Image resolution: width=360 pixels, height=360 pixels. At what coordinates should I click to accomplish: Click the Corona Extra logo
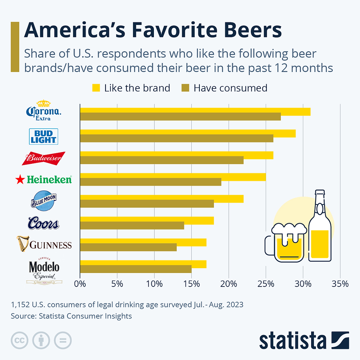click(44, 110)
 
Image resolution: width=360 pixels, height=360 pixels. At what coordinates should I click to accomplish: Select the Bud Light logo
click(43, 136)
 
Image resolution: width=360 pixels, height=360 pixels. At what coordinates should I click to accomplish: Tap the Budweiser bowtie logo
click(43, 158)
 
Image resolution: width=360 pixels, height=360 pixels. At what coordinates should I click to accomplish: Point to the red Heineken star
click(19, 180)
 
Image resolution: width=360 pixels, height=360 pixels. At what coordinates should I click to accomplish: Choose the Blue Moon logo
click(44, 201)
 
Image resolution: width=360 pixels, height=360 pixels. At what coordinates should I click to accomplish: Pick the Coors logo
click(43, 223)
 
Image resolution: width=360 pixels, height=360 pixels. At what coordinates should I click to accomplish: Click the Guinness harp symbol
click(23, 244)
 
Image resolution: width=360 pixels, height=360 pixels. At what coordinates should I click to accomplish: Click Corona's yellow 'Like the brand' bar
click(195, 112)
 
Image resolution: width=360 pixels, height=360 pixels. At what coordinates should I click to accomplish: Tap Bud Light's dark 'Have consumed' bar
click(177, 138)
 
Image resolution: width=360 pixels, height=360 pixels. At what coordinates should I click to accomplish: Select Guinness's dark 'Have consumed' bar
click(128, 247)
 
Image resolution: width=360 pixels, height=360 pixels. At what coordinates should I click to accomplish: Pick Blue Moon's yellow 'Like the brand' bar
click(162, 199)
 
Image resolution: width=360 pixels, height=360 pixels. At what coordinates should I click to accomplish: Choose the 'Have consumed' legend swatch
click(185, 88)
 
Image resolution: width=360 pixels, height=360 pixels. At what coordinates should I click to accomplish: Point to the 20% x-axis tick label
click(228, 284)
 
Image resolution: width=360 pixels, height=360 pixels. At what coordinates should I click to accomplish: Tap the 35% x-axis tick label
click(340, 284)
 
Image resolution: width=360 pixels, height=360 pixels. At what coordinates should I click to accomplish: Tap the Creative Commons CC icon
click(19, 341)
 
